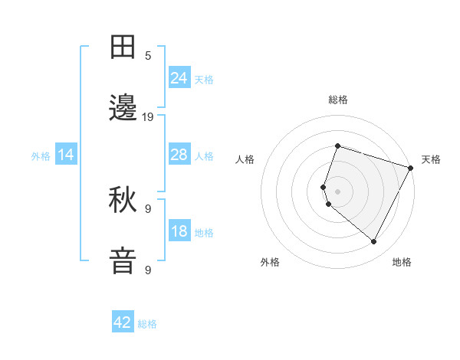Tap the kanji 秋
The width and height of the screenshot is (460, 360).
pos(125,201)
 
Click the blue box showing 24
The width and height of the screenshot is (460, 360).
pos(179,78)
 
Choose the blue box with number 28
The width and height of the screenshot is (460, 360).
pos(179,155)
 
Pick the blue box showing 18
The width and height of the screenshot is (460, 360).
pos(179,231)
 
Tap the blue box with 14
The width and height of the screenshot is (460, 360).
pos(66,155)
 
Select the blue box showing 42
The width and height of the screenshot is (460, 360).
pos(123,322)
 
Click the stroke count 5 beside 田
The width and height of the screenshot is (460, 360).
pos(149,55)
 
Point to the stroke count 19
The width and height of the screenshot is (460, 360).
pos(149,117)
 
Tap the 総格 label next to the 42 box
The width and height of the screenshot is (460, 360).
pos(147,324)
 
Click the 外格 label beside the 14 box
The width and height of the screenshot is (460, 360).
pos(41,156)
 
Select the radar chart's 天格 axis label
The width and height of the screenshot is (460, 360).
pos(431,159)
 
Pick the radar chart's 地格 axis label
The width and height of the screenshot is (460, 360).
pos(402,262)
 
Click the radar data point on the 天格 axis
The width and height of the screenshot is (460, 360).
pos(411,168)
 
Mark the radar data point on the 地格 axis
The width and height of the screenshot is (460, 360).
pos(373,242)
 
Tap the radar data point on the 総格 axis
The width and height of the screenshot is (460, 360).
pos(337,146)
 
